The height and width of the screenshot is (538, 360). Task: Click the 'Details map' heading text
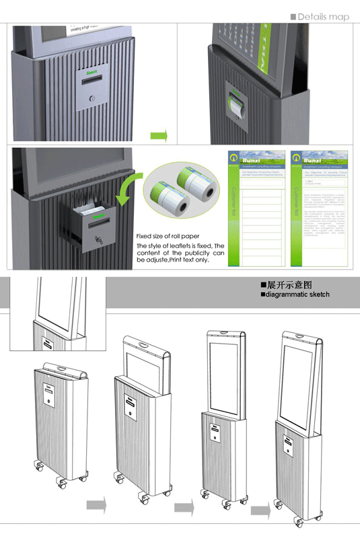tap(323, 17)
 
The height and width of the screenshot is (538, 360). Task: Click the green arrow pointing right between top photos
tap(158, 137)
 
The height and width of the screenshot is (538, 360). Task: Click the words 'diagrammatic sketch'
tap(299, 295)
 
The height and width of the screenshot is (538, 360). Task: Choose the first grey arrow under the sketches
tap(96, 504)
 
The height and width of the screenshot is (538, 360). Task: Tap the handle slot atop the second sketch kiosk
tap(143, 347)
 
